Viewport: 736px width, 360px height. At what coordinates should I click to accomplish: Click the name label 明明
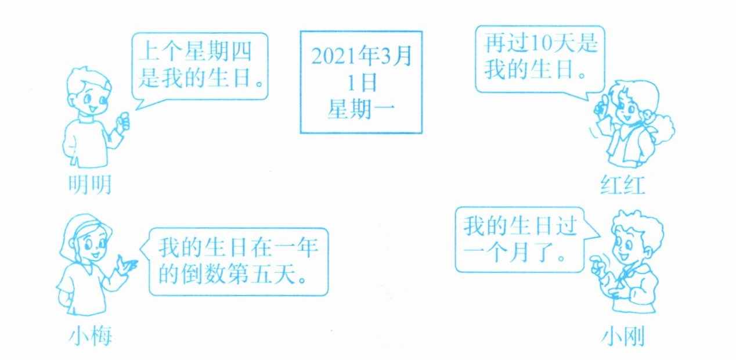[x=87, y=185]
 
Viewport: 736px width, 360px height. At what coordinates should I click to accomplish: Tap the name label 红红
[x=623, y=186]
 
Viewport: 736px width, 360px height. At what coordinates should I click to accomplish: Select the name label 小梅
[x=90, y=335]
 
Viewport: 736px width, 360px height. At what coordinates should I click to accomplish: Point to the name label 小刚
[x=623, y=336]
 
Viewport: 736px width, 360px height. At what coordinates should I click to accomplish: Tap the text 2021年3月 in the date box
[x=360, y=56]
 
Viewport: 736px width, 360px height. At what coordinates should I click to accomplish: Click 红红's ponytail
[x=662, y=131]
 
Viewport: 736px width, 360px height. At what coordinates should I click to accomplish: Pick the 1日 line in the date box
[x=360, y=82]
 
